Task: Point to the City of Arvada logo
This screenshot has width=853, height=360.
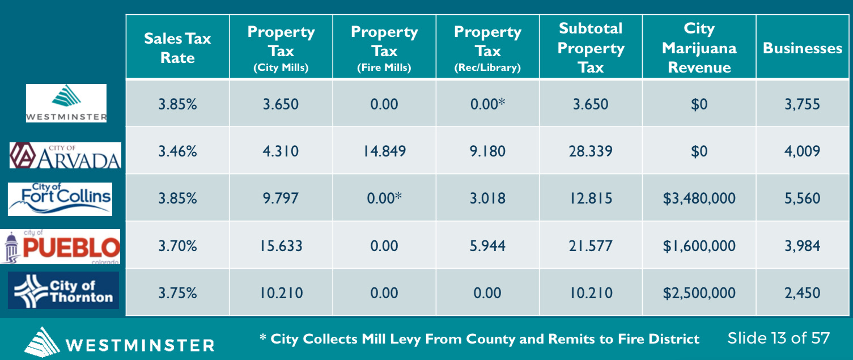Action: point(66,155)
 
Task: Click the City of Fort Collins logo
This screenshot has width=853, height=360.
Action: point(60,199)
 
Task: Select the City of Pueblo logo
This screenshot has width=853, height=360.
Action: point(60,247)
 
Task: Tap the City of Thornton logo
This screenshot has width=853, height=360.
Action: point(63,290)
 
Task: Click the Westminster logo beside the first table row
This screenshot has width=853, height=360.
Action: point(66,103)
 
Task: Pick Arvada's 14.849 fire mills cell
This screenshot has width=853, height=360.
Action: point(384,151)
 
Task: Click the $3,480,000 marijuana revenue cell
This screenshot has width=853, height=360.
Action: point(699,198)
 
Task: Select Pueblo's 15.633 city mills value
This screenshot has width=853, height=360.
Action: point(281,245)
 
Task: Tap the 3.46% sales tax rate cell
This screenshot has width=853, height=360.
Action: point(177,151)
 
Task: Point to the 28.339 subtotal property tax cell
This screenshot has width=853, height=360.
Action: point(591,151)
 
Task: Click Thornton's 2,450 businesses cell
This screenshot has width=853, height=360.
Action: point(803,293)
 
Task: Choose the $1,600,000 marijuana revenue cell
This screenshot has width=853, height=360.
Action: point(699,246)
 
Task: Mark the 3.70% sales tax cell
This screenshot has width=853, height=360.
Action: point(177,245)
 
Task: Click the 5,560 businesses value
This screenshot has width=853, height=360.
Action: point(803,198)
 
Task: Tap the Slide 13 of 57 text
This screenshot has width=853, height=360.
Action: point(778,338)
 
